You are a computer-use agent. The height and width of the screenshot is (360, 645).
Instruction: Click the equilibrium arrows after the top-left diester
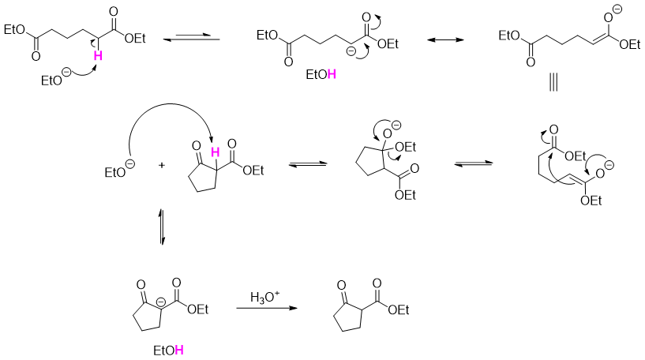coord(190,37)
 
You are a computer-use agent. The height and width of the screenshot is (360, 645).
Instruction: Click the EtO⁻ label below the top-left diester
coord(56,79)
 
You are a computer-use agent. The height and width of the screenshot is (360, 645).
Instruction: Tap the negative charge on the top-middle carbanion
coord(351,52)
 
